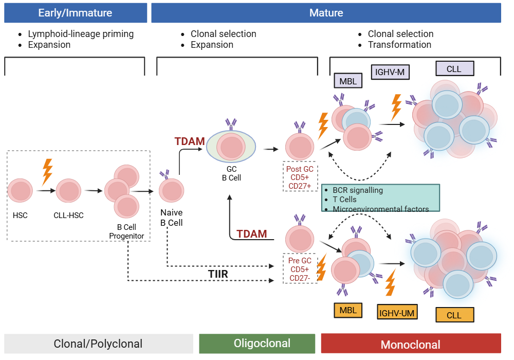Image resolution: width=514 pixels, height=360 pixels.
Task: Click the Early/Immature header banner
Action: point(75,13)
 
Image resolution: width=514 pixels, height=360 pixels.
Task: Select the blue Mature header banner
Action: point(326,13)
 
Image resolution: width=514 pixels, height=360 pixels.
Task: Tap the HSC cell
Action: point(20,191)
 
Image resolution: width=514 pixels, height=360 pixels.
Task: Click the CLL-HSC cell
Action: point(68,191)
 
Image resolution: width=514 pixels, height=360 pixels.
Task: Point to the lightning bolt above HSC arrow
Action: point(47,171)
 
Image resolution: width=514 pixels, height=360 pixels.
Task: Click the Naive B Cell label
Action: point(171,218)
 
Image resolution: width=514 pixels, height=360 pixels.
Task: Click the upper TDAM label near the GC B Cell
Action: point(190,141)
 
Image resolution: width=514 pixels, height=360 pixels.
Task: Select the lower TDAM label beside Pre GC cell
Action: point(251,234)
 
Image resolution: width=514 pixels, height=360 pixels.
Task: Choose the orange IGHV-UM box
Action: point(397,312)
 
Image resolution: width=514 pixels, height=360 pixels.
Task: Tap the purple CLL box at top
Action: point(454,68)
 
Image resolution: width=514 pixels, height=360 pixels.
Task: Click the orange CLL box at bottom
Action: point(454,315)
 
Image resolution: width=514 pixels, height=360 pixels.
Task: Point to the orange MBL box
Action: point(348,310)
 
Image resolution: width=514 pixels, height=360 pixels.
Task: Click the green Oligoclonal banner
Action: point(257,344)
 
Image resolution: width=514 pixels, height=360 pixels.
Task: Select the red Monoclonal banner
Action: point(411,344)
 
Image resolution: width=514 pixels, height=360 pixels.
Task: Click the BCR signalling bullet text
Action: point(357,190)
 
